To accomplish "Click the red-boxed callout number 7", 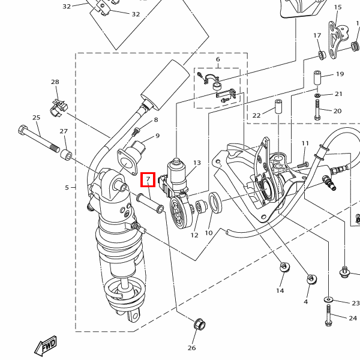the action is pyautogui.click(x=148, y=179).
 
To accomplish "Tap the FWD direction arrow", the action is pyautogui.click(x=46, y=346).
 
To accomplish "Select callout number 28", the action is pyautogui.click(x=55, y=82).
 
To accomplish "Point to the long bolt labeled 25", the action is pyautogui.click(x=38, y=139).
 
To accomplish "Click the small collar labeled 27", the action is pyautogui.click(x=66, y=155).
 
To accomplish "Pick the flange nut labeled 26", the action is pyautogui.click(x=200, y=324).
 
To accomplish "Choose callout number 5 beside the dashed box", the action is pyautogui.click(x=67, y=188).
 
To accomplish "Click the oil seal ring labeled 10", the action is pyautogui.click(x=215, y=202).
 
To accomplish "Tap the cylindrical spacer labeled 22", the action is pyautogui.click(x=279, y=106).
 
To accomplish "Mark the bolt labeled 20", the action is pyautogui.click(x=317, y=110).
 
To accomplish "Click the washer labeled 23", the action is pyautogui.click(x=329, y=299).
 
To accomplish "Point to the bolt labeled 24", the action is pyautogui.click(x=329, y=315).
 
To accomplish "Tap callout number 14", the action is pyautogui.click(x=280, y=290).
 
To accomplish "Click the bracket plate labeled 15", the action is pyautogui.click(x=338, y=40).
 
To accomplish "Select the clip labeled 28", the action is pyautogui.click(x=59, y=107).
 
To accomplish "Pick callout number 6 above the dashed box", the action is pyautogui.click(x=218, y=59).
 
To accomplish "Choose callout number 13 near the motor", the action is pyautogui.click(x=197, y=163).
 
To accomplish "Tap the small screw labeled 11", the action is pyautogui.click(x=303, y=164).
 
